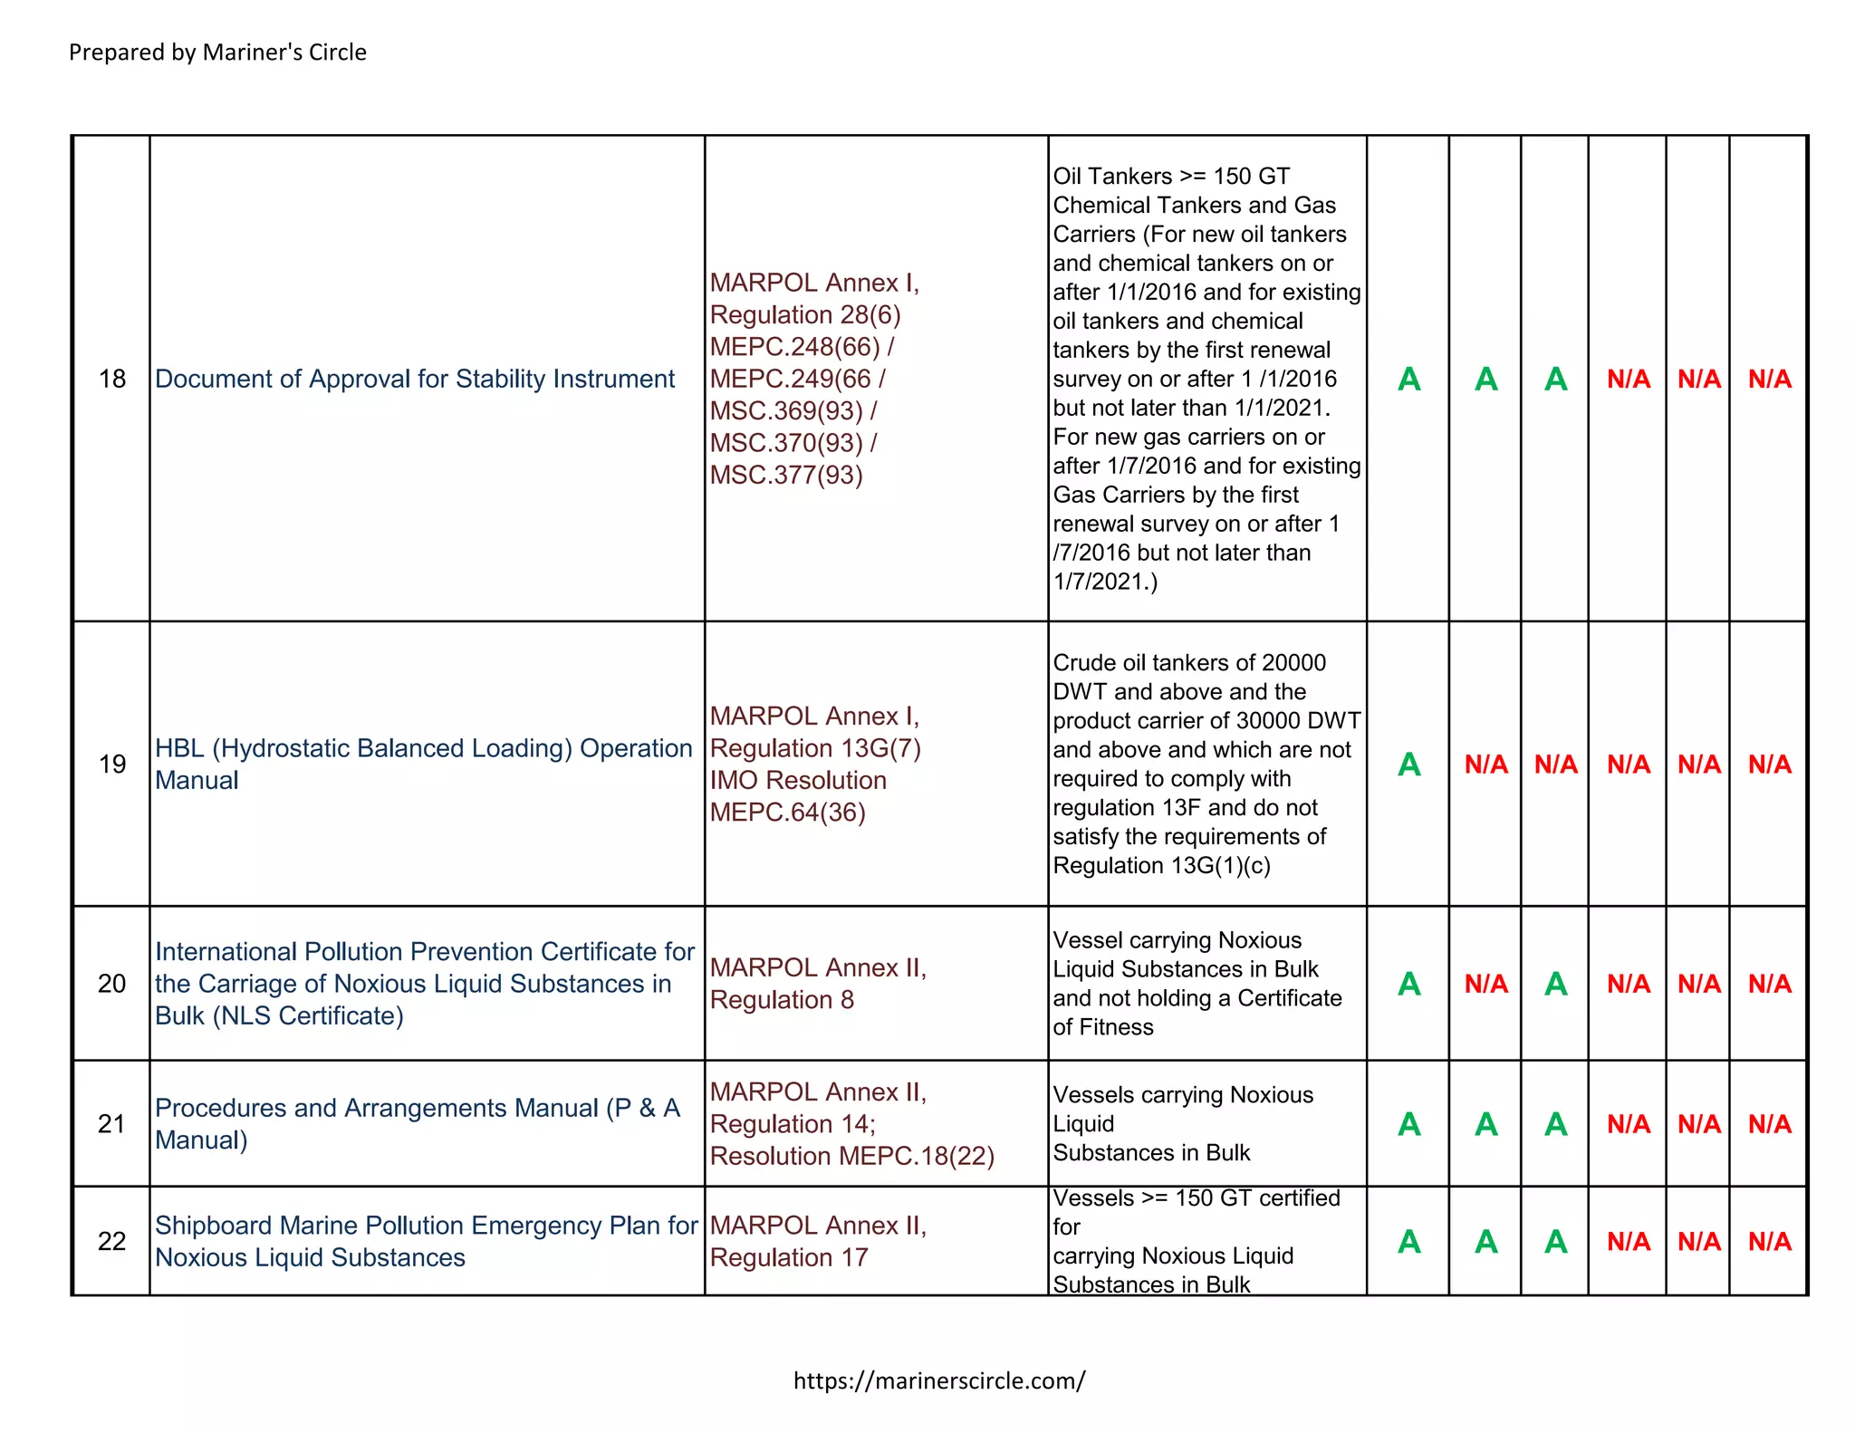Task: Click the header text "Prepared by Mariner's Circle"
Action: tap(217, 53)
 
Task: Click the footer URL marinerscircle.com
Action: tap(938, 1380)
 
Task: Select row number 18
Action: tap(111, 379)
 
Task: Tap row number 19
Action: tap(111, 765)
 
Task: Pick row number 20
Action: tap(111, 984)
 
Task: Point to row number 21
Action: tap(111, 1124)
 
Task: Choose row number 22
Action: tap(111, 1241)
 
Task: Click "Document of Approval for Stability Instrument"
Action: tap(415, 379)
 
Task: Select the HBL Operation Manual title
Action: tap(423, 764)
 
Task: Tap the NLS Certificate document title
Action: tap(424, 984)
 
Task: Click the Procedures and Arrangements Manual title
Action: tap(417, 1123)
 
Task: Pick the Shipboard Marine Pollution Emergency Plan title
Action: tap(426, 1241)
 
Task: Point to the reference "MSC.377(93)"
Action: tap(786, 475)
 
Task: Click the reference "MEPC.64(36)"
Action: tap(787, 813)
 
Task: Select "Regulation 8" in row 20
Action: tap(782, 1000)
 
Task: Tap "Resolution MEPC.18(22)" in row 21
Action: tap(851, 1157)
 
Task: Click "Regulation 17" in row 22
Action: tap(788, 1257)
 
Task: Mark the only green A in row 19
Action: tap(1408, 765)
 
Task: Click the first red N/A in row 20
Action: tap(1485, 984)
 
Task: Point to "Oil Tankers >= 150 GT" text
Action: tap(1170, 176)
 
